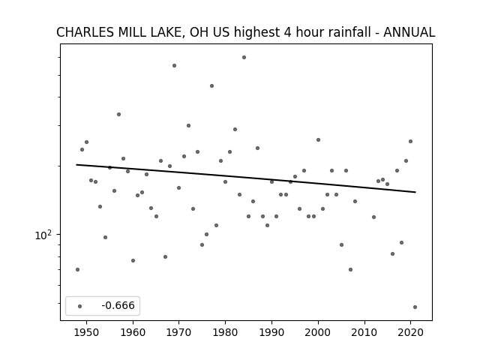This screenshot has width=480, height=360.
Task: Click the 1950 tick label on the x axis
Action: coord(87,333)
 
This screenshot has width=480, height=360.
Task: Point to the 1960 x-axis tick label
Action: coord(133,333)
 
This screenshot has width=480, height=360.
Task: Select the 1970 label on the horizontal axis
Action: coord(179,333)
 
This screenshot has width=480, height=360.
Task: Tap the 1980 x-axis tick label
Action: coord(225,333)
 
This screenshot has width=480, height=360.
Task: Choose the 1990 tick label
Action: coord(271,333)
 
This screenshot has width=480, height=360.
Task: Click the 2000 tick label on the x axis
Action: coord(318,333)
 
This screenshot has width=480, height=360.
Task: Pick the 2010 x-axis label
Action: coord(364,333)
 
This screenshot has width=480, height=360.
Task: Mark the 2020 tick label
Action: coord(411,333)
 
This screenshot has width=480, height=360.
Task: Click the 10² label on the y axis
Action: coord(43,235)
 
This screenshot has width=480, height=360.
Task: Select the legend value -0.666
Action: coord(118,305)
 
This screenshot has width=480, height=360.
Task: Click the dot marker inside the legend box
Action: coord(80,306)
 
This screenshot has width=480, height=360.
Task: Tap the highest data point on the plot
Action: coord(244,57)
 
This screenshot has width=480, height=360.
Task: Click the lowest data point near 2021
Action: coord(415,307)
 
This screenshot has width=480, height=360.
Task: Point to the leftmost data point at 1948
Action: coord(77,270)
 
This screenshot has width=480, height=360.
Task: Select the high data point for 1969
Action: coord(174,65)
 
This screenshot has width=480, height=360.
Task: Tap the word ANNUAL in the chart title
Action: coord(409,32)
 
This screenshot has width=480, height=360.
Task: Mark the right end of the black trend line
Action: coord(415,192)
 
